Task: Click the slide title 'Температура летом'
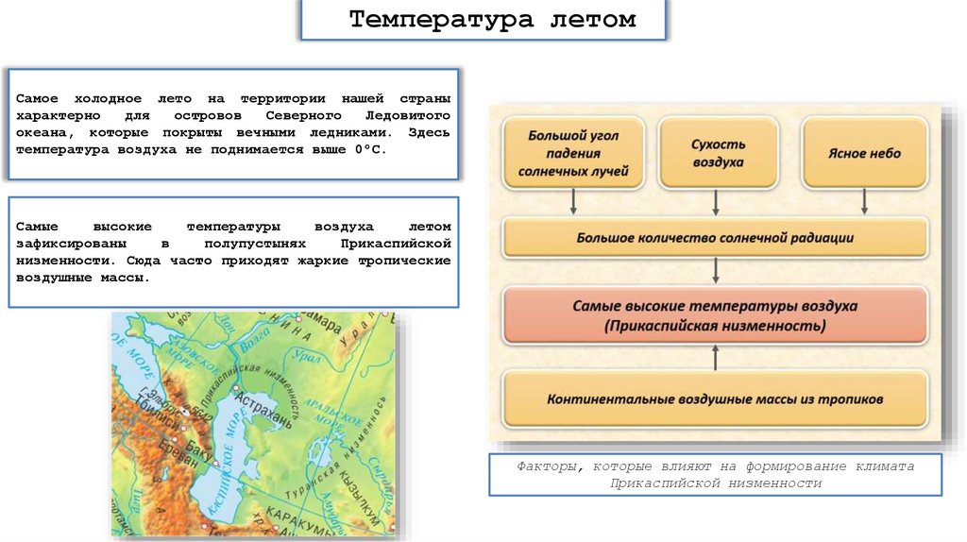click(492, 20)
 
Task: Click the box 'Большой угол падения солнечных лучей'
click(572, 154)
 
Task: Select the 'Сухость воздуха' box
click(717, 153)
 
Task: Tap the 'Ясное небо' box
click(864, 153)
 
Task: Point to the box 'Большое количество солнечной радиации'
click(715, 238)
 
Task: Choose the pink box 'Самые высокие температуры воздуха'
click(715, 316)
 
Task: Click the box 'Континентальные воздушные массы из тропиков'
click(715, 398)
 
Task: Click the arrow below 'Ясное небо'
click(864, 200)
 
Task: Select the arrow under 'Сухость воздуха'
click(717, 200)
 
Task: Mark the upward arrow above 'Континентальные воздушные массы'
click(716, 357)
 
